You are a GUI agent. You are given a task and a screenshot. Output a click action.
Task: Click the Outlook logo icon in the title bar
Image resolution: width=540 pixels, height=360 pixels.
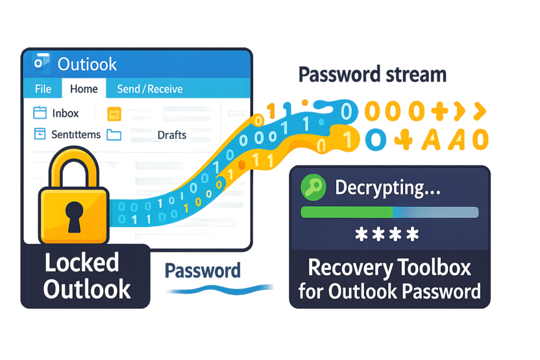pos(42,63)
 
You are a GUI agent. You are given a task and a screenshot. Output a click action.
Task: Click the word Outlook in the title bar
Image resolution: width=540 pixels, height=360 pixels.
pos(88,64)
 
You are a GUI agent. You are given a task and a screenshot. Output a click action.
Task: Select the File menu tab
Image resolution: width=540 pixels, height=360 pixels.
pos(43,89)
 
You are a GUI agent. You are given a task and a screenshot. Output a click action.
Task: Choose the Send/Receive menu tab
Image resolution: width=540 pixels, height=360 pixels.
pos(149,89)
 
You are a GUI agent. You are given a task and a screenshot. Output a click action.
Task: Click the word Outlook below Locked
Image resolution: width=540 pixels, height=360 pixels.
pos(87,288)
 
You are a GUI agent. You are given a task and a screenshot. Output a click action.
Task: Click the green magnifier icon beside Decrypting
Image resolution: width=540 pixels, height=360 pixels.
pos(314,188)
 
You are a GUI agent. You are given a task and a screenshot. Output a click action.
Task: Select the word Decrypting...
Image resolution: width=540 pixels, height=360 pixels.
pos(388,188)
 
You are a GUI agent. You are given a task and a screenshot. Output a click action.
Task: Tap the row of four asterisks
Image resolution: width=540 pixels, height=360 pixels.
pos(387,235)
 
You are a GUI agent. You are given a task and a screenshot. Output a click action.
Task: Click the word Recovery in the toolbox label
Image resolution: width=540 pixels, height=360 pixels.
pos(348,267)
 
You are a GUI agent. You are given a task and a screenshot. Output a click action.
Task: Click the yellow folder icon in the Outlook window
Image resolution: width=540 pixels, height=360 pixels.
pos(114,114)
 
